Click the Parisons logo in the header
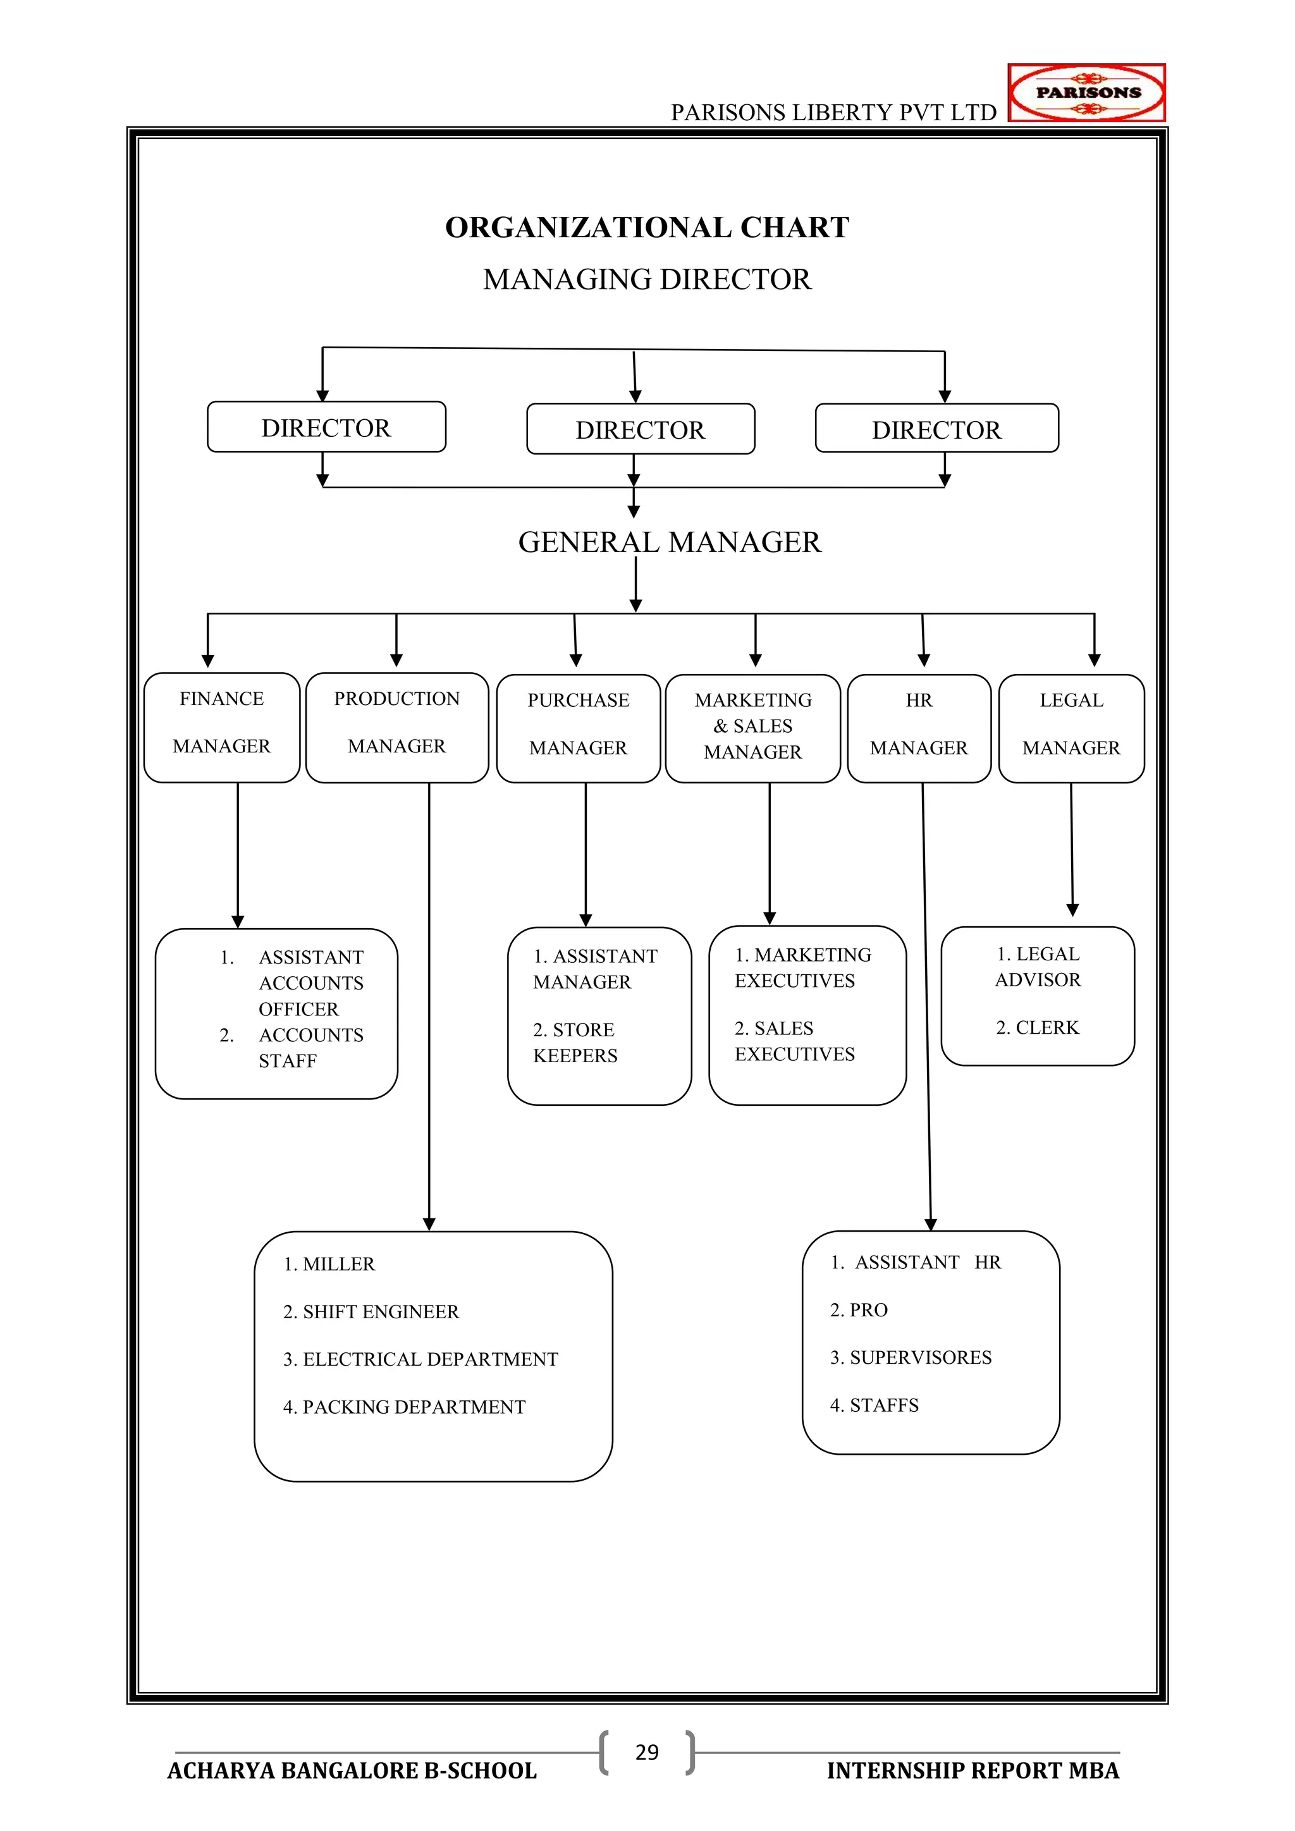(1086, 92)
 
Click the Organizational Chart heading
(647, 227)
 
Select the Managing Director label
(647, 279)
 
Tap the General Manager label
(669, 542)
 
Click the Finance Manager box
(222, 726)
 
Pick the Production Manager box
(396, 726)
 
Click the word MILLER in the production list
(339, 1264)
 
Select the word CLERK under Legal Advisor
(1047, 1027)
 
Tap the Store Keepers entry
(575, 1043)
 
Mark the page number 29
(647, 1752)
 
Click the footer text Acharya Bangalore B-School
(352, 1770)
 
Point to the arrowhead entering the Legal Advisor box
(1072, 910)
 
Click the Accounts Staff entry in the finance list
(310, 1047)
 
